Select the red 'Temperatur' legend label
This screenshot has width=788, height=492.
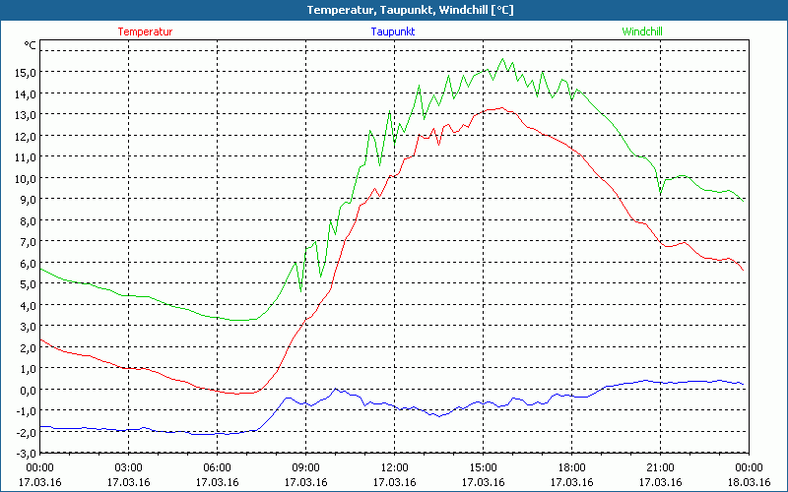click(145, 31)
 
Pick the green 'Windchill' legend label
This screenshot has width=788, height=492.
click(642, 31)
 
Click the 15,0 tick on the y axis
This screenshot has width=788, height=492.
click(25, 72)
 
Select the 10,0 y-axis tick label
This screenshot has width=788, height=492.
click(25, 178)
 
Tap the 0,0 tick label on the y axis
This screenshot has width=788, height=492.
click(25, 390)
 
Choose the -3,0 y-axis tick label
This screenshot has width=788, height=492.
click(23, 454)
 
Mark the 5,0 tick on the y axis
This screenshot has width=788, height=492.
click(25, 284)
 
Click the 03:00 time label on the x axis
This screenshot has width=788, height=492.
click(129, 467)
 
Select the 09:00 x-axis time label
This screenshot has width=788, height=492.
click(305, 467)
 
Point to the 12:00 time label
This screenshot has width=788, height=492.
click(394, 467)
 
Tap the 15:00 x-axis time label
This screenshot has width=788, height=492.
click(483, 467)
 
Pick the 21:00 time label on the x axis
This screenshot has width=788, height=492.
click(660, 467)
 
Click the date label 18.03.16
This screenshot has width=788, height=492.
click(749, 481)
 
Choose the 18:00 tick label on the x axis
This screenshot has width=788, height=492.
click(571, 467)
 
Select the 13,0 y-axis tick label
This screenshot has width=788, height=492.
click(25, 114)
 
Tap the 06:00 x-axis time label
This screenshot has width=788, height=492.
click(218, 467)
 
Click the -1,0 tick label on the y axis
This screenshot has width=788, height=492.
click(23, 411)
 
